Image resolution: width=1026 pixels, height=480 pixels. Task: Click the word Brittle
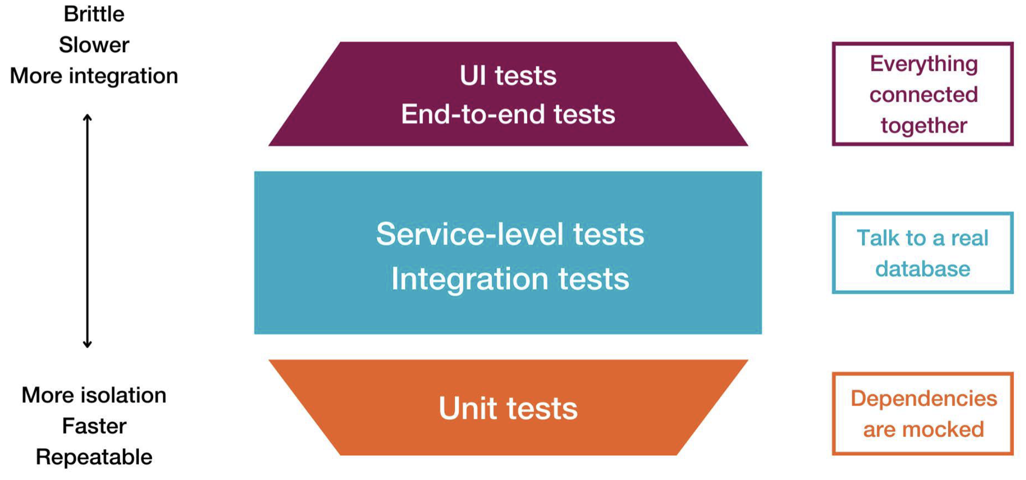(94, 14)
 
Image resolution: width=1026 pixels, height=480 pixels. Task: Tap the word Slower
(94, 45)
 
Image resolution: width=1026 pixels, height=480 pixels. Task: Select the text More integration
(94, 76)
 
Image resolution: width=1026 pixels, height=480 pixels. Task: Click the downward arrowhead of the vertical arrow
(88, 345)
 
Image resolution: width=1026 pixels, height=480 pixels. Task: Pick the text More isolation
(94, 395)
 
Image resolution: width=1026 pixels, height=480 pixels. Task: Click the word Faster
(94, 426)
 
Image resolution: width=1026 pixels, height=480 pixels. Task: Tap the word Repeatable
(94, 457)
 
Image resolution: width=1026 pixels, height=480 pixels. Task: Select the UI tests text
(508, 76)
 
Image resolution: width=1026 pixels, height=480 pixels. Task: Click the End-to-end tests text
(508, 115)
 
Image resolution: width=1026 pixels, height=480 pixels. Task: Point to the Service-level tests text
(510, 234)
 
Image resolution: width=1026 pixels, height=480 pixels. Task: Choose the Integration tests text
(510, 279)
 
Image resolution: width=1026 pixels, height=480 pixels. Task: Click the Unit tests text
(508, 409)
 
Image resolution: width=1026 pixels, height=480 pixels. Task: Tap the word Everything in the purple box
(924, 64)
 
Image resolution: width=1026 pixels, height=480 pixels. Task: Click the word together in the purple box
(924, 126)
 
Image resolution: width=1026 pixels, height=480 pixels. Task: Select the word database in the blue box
(923, 270)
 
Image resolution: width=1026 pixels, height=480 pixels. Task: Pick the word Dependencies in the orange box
(924, 398)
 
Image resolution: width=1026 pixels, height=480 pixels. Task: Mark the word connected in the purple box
(924, 95)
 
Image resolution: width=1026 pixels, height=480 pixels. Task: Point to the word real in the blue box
(969, 239)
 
